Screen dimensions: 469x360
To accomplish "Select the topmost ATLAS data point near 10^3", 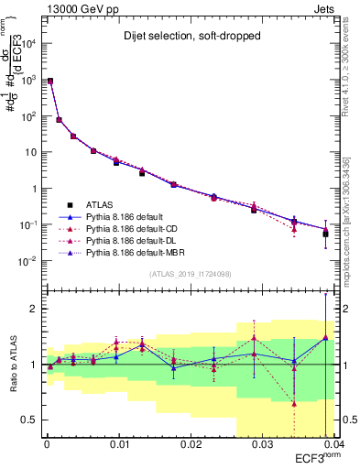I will [x=49, y=82].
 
